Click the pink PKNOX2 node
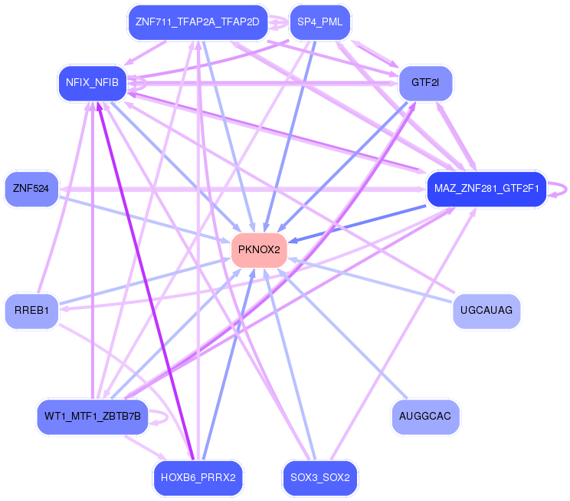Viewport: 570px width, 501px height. point(259,250)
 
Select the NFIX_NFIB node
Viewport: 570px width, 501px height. point(92,83)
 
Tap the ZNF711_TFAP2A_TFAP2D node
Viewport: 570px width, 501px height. point(197,22)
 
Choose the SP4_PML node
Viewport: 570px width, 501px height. point(319,22)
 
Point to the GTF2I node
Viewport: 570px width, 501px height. point(424,83)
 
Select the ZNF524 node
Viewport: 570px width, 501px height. point(31,189)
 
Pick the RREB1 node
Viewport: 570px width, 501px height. point(31,311)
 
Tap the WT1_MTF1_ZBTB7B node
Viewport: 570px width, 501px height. point(92,417)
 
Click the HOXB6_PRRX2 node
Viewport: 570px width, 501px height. point(198,478)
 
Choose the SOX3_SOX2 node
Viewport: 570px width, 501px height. point(319,478)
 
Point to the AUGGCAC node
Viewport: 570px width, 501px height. point(425,417)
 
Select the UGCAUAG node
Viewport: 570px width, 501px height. point(486,311)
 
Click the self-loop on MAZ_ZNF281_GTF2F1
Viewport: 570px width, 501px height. point(565,188)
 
